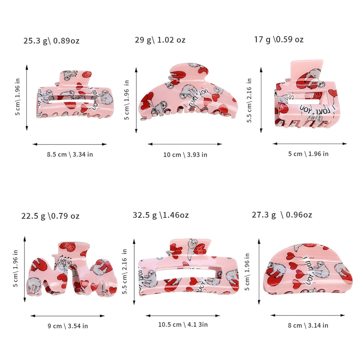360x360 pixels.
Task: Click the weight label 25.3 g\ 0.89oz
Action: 51,41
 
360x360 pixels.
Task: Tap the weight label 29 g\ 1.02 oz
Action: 160,40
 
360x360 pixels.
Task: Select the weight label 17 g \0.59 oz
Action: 279,40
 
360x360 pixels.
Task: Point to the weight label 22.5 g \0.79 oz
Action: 50,216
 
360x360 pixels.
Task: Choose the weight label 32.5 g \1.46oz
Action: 161,215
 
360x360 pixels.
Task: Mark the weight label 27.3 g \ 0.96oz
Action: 282,215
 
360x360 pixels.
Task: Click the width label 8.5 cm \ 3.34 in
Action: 70,154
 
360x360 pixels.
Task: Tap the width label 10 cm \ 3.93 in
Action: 185,155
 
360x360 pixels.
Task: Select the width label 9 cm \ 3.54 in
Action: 68,326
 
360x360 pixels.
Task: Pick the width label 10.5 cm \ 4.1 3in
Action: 183,324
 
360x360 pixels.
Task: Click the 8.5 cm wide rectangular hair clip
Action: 75,95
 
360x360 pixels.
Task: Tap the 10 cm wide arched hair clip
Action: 188,92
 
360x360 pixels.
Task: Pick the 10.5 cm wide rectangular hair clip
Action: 189,268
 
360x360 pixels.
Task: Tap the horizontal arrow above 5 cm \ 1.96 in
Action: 310,144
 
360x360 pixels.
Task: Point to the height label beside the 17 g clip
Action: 249,100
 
